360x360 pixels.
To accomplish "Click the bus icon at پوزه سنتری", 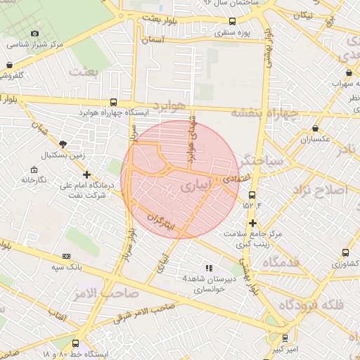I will [x=232, y=21].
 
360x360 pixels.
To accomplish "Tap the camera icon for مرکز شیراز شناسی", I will [x=35, y=33].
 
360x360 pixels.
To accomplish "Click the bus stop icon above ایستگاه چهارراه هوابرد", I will [x=114, y=102].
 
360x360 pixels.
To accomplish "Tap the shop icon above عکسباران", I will [x=314, y=129].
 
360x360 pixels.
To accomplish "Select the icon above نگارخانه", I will [x=33, y=170].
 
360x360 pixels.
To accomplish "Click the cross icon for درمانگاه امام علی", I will [x=86, y=174].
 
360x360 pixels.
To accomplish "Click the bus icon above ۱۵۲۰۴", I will [x=252, y=195].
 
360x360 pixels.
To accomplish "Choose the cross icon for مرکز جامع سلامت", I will [x=252, y=223].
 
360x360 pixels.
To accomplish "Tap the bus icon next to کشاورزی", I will [x=345, y=253].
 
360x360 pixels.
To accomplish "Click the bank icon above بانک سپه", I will [x=67, y=257].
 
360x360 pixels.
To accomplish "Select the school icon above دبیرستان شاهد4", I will [x=208, y=268].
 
